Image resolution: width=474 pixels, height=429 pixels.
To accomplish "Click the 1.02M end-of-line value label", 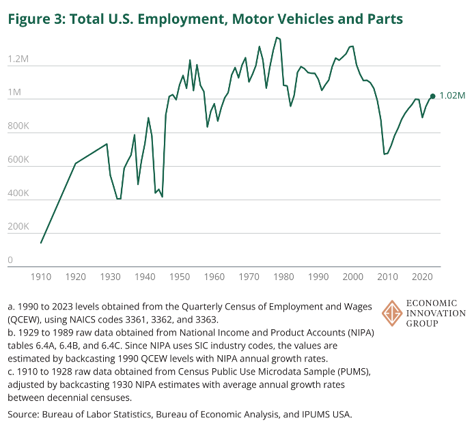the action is tap(452, 96).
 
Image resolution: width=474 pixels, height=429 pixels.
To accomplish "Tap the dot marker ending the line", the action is tap(432, 96).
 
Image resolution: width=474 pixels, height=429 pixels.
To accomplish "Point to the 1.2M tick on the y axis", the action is tap(18, 59).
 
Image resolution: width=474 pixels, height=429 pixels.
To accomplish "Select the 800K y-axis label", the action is tap(18, 126).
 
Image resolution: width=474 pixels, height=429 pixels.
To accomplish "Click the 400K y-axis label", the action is tap(18, 193).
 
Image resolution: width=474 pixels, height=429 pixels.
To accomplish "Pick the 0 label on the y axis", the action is tap(10, 260).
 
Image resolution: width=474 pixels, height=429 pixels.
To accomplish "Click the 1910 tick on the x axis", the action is tap(41, 277).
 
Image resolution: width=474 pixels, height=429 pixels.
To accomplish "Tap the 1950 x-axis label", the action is tap(180, 277).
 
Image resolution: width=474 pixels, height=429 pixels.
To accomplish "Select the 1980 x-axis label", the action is tap(283, 277).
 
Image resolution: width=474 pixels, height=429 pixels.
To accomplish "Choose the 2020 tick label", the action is tap(422, 277).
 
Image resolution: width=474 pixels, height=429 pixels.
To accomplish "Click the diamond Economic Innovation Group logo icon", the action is tap(392, 313).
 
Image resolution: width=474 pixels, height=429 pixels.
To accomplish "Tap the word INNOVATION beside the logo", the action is tap(436, 313).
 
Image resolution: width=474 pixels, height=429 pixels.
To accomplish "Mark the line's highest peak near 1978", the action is tap(277, 38).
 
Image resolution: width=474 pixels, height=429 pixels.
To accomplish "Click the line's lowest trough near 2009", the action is tap(385, 154).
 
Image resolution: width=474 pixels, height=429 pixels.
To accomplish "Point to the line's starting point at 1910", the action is tap(41, 243).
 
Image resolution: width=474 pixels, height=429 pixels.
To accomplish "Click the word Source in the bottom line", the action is tap(23, 414).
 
